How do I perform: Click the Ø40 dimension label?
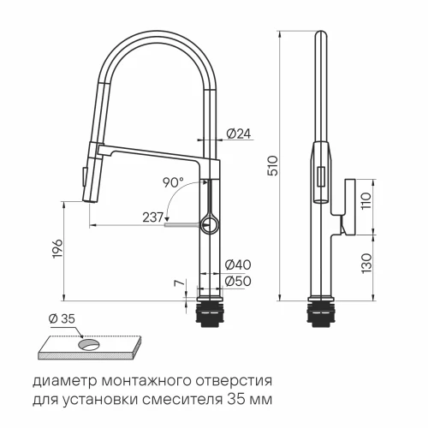click(238, 265)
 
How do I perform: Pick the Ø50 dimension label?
click(238, 280)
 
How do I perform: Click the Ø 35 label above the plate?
click(61, 318)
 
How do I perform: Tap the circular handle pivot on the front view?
click(209, 225)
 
